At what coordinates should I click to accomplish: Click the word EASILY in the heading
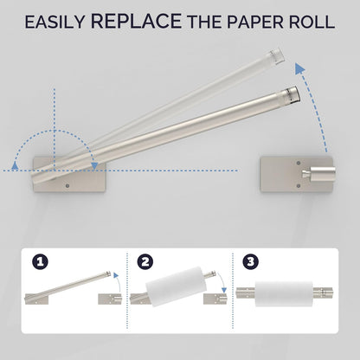55,22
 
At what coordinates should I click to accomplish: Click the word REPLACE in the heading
136,21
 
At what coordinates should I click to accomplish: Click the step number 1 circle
40,261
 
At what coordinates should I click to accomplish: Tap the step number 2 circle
145,261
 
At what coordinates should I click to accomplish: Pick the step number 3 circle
251,261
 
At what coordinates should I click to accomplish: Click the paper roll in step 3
284,293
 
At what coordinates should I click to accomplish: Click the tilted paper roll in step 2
176,286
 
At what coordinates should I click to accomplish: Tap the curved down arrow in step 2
222,283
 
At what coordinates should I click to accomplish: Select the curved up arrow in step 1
118,282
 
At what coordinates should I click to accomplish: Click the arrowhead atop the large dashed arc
300,70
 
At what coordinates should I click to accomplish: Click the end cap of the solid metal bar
291,94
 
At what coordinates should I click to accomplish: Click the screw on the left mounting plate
67,186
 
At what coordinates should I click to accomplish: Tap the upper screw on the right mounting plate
299,163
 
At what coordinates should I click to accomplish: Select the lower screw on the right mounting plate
299,186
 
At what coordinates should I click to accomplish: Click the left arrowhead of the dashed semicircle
14,165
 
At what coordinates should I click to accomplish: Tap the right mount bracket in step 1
110,299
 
